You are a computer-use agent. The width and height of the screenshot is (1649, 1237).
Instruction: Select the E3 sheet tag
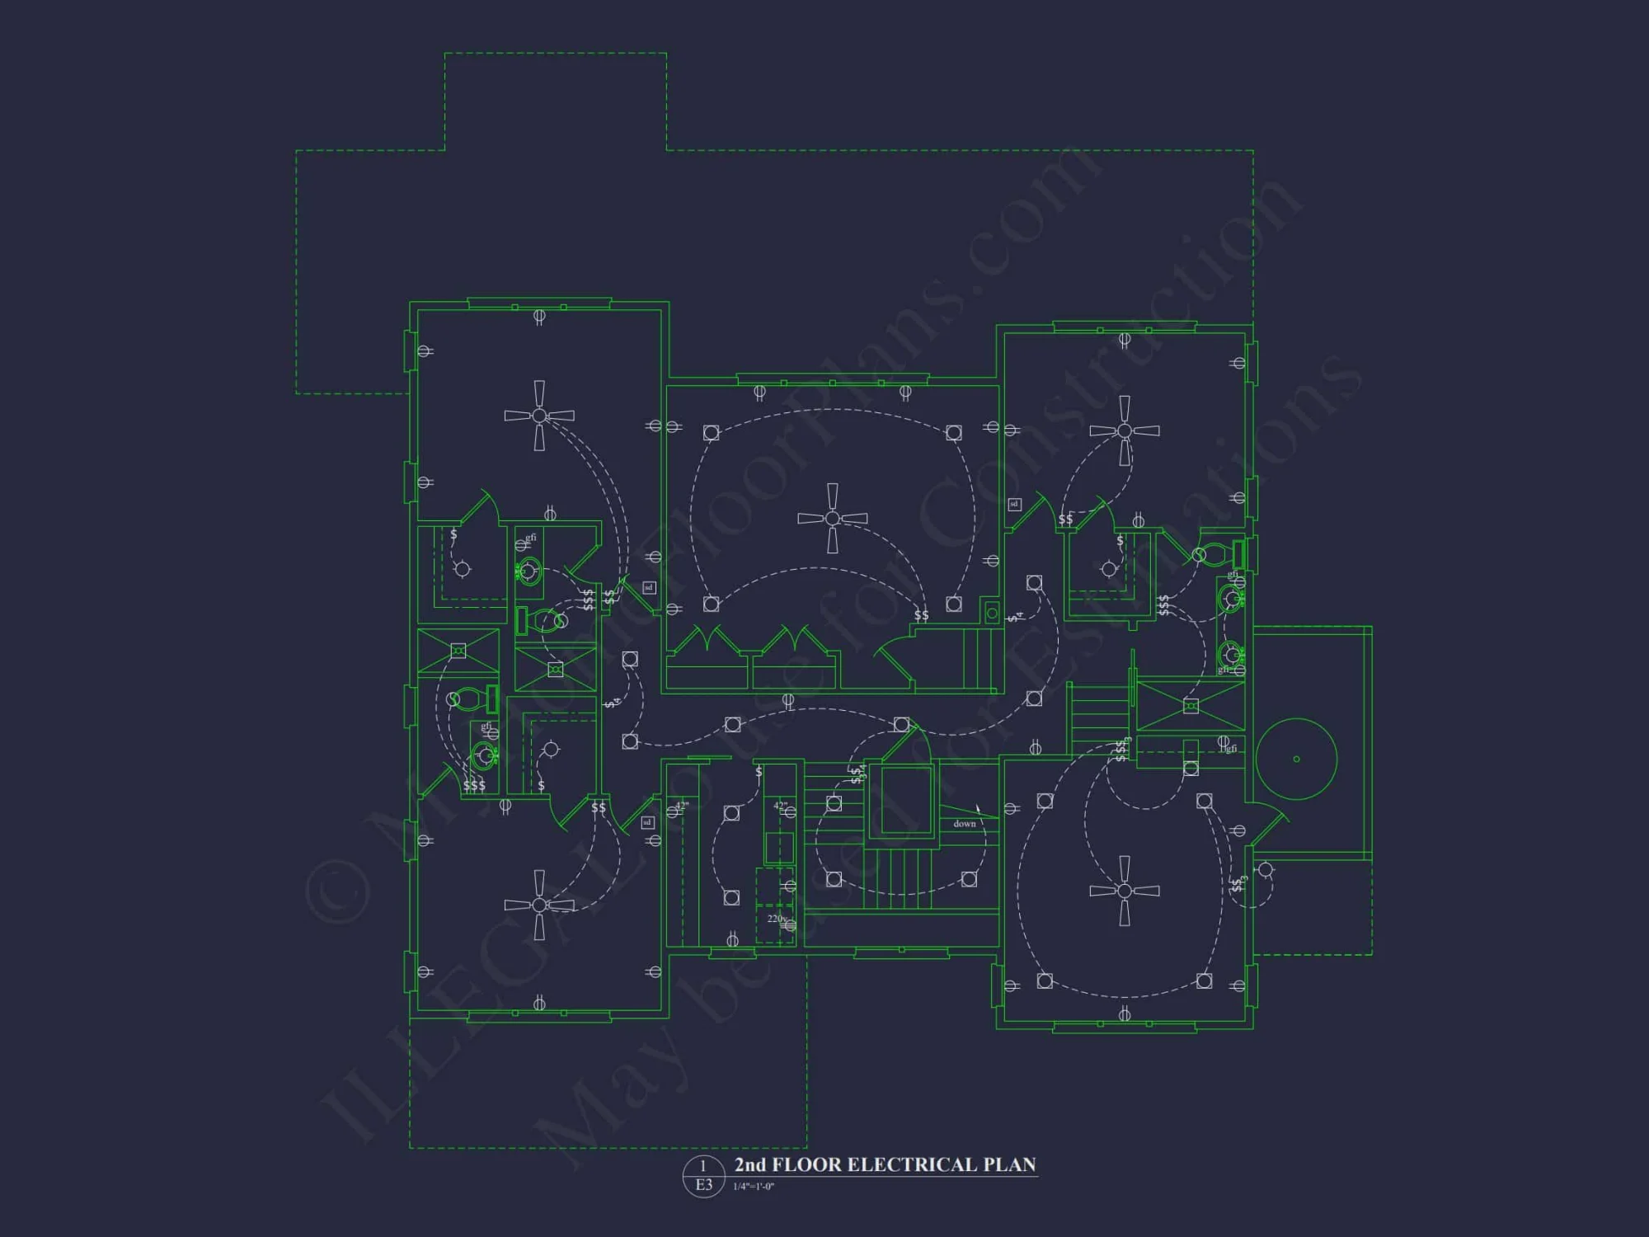click(703, 1185)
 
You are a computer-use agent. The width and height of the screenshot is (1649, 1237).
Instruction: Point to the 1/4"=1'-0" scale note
click(754, 1187)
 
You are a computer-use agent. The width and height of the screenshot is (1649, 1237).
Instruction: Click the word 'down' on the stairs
click(964, 824)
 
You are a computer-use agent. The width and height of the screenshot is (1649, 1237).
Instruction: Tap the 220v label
click(776, 919)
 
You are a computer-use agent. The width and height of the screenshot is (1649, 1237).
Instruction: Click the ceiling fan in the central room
click(832, 518)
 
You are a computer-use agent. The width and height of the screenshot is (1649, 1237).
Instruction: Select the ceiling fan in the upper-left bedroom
click(539, 416)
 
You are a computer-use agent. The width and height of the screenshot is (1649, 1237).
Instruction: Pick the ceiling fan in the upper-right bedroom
click(1124, 430)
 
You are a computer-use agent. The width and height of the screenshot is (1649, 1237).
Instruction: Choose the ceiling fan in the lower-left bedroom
click(539, 905)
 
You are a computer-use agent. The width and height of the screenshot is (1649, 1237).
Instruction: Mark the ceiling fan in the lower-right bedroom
click(1124, 891)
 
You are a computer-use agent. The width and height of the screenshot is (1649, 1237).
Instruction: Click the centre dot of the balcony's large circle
click(1296, 760)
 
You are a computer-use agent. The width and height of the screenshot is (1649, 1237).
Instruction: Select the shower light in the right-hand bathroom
click(1191, 707)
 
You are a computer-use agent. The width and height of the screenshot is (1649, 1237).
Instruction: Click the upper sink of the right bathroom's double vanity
click(1231, 598)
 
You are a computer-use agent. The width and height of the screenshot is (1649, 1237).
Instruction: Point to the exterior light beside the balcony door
click(1266, 869)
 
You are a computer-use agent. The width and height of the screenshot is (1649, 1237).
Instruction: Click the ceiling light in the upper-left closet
click(463, 569)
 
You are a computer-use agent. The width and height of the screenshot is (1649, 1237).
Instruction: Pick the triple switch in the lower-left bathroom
click(474, 785)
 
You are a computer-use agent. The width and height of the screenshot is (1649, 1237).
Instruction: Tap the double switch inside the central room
click(921, 615)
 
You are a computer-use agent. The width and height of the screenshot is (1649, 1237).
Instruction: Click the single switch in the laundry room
click(759, 772)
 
